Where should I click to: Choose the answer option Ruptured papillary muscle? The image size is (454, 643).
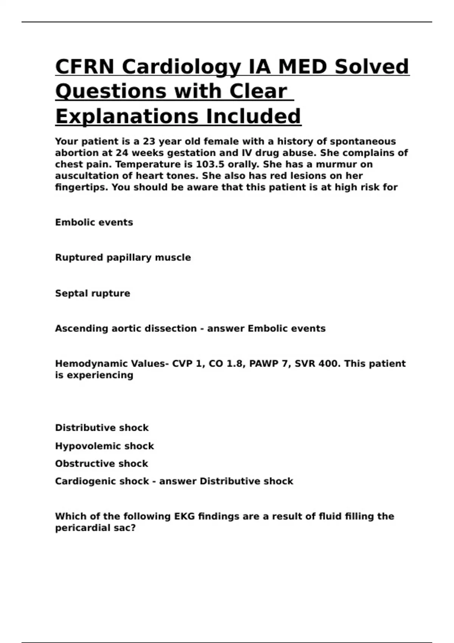click(x=123, y=258)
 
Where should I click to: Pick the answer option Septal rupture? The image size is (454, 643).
click(x=93, y=294)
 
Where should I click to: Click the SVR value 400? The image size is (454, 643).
click(x=329, y=364)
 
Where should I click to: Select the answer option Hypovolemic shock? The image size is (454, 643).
click(x=104, y=446)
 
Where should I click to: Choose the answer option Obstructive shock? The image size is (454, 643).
click(x=101, y=464)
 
